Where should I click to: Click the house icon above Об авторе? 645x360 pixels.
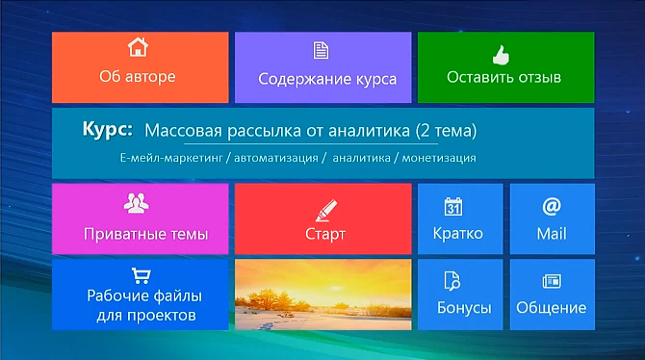tap(140, 47)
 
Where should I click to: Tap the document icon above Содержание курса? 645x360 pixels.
tap(321, 51)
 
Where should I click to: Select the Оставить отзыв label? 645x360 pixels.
tap(503, 77)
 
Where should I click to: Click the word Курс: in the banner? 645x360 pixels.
tap(108, 129)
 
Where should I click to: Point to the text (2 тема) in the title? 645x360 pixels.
tap(447, 130)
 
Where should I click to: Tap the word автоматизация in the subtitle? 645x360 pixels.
tap(270, 157)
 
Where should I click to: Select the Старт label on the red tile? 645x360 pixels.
tap(324, 234)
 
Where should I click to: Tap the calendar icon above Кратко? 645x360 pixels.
tap(454, 206)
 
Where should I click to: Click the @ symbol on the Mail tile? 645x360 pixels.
tap(552, 206)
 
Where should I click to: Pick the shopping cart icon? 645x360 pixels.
tap(141, 274)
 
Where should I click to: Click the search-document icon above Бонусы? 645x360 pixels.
tap(452, 281)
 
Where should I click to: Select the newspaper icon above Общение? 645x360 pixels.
tap(552, 281)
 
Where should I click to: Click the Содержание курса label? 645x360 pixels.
tap(327, 79)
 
